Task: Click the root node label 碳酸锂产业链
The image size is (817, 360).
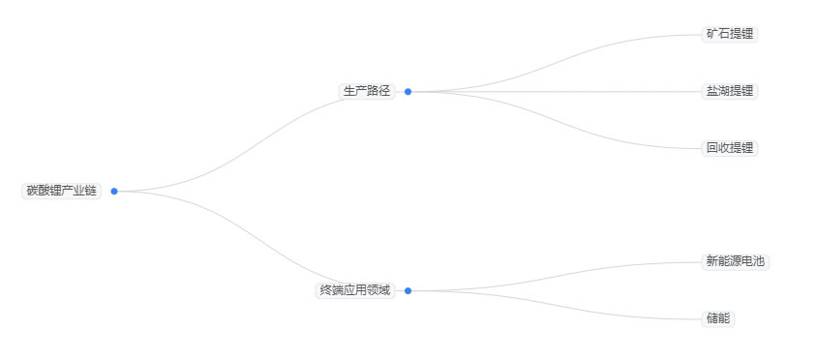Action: (x=61, y=191)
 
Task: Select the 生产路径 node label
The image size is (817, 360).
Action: (x=366, y=91)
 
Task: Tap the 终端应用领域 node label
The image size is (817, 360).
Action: (x=355, y=290)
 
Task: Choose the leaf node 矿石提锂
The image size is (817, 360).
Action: (x=729, y=34)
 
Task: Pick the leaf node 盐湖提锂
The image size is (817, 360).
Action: (x=729, y=91)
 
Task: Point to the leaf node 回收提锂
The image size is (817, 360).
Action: (x=729, y=148)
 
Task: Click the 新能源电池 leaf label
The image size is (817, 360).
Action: (x=735, y=261)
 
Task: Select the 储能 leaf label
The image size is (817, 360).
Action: (x=717, y=318)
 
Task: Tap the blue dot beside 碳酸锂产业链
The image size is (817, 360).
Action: (x=114, y=191)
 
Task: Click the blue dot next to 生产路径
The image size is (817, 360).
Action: (x=408, y=92)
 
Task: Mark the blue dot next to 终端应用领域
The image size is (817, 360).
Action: (x=408, y=290)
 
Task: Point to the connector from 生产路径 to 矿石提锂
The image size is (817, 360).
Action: (x=554, y=63)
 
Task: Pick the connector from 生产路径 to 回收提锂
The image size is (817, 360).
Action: (x=554, y=120)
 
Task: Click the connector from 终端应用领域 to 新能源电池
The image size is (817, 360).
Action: (x=554, y=277)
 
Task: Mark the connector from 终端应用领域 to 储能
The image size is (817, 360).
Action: (x=554, y=304)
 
